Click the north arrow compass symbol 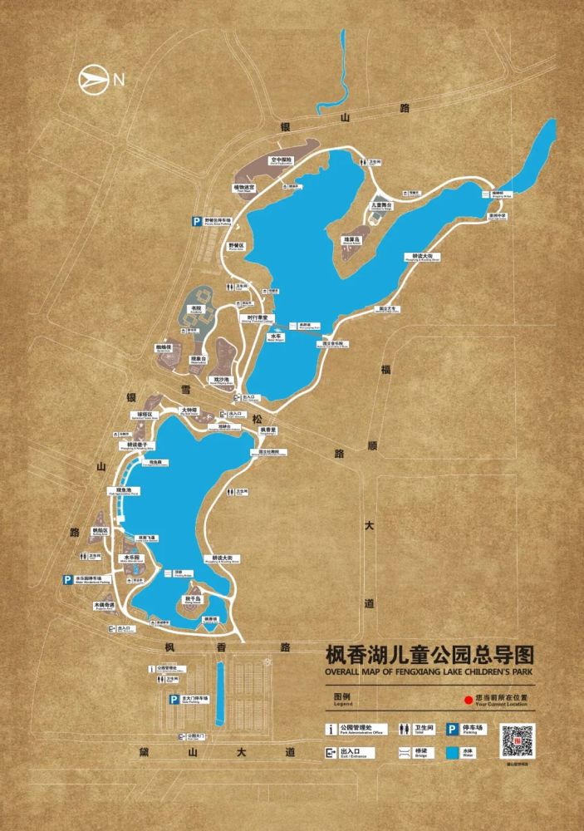(x=94, y=80)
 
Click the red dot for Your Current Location (x=469, y=701)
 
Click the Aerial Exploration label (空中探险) (x=282, y=160)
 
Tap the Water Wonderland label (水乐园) (x=133, y=558)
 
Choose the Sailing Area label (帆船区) (x=101, y=531)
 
